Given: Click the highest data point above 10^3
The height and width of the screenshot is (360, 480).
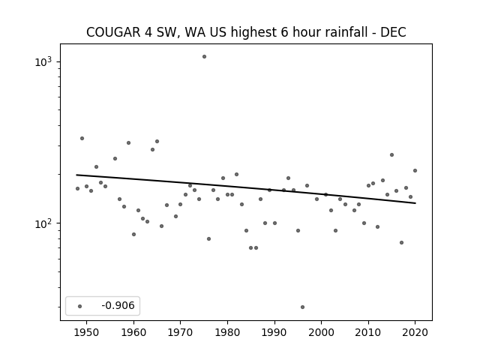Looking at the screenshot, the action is click(x=204, y=57).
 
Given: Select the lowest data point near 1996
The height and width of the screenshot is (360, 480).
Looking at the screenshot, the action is click(x=302, y=307).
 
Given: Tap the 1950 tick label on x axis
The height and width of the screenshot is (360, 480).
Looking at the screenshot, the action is click(x=87, y=332).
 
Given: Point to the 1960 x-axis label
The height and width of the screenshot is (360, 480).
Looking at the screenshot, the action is click(x=133, y=332).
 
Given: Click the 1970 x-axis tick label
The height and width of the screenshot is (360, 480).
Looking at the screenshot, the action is click(x=181, y=332).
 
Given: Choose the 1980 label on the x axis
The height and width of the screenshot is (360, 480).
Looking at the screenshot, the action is click(x=227, y=332).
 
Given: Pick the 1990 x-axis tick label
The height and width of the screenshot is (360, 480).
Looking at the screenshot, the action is click(x=274, y=332).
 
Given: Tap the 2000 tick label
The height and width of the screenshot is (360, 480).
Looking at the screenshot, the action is click(x=322, y=332).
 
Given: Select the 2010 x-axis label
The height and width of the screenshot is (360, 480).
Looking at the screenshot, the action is click(x=368, y=332).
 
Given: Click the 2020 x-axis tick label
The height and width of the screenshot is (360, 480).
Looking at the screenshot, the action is click(x=415, y=332).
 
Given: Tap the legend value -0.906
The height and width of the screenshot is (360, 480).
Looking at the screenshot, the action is click(x=118, y=305).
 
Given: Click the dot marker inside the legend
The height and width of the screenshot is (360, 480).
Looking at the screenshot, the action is click(x=80, y=306).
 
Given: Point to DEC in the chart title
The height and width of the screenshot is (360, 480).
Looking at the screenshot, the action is click(x=393, y=32).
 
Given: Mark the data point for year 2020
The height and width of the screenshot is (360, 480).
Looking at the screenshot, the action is click(x=415, y=170).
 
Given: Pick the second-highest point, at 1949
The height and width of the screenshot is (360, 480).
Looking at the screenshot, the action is click(x=82, y=138).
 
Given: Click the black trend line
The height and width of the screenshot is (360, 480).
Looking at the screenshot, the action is click(x=246, y=189).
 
